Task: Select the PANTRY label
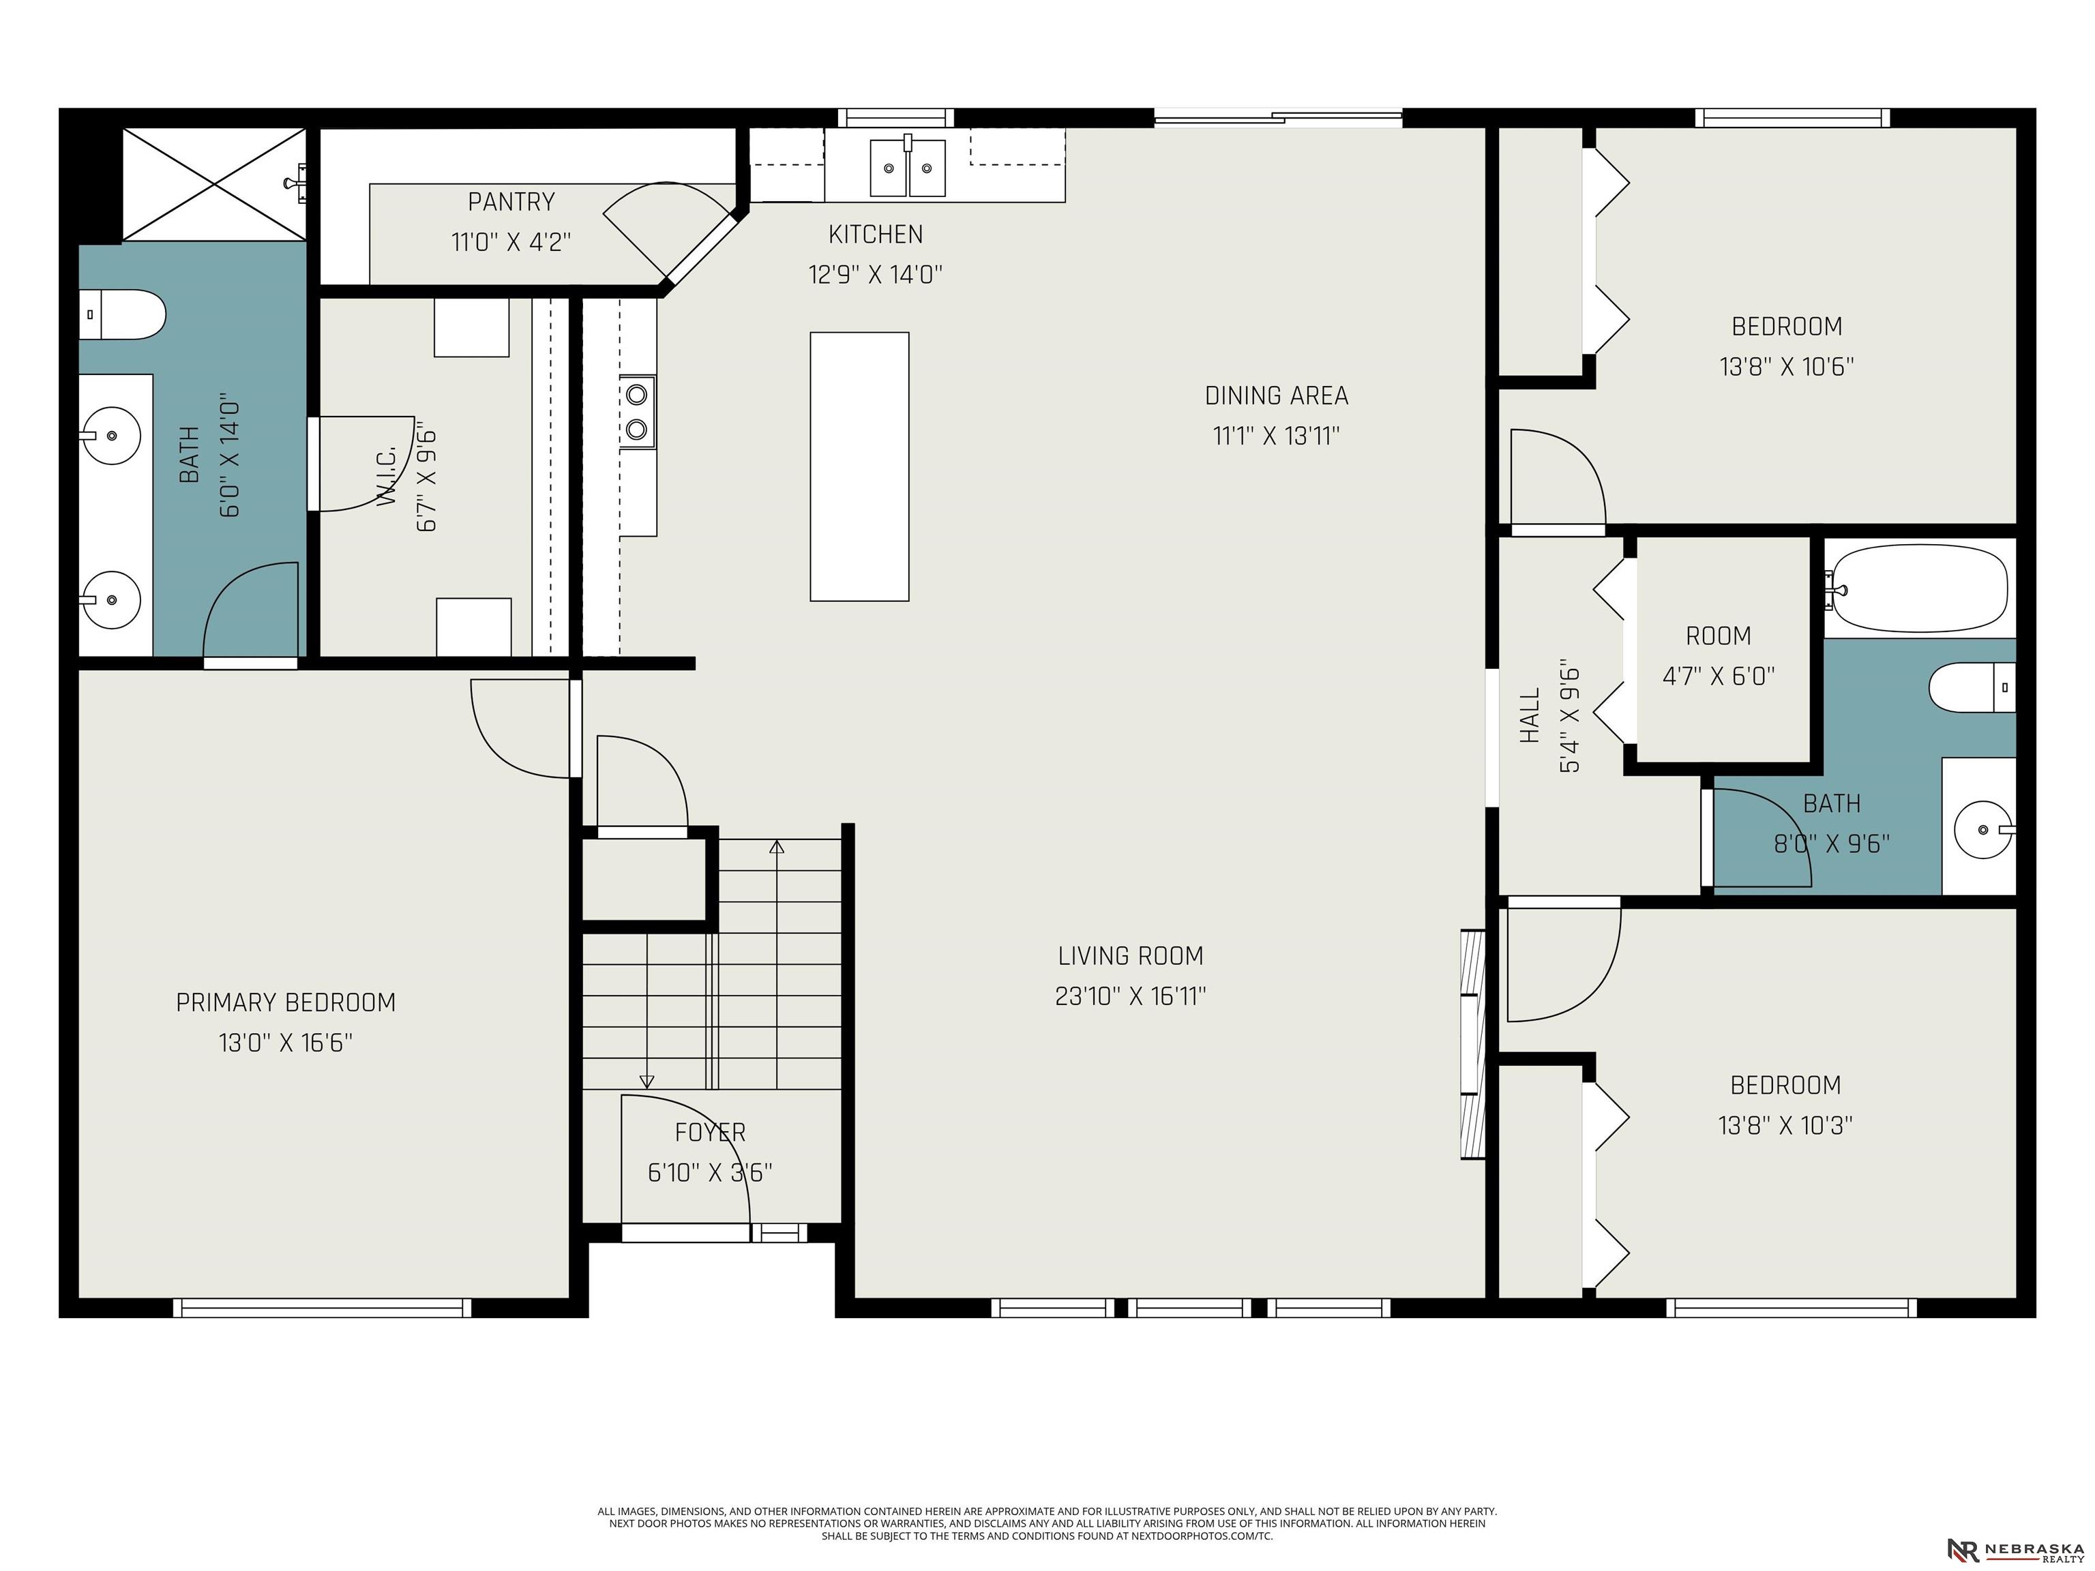[x=511, y=202]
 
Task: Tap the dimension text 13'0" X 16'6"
[x=286, y=1043]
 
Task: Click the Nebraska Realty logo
[x=2015, y=1550]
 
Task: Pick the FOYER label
[x=711, y=1132]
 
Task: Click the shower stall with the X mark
[x=214, y=185]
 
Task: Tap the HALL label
[x=1530, y=715]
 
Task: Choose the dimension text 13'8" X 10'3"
[x=1785, y=1125]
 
